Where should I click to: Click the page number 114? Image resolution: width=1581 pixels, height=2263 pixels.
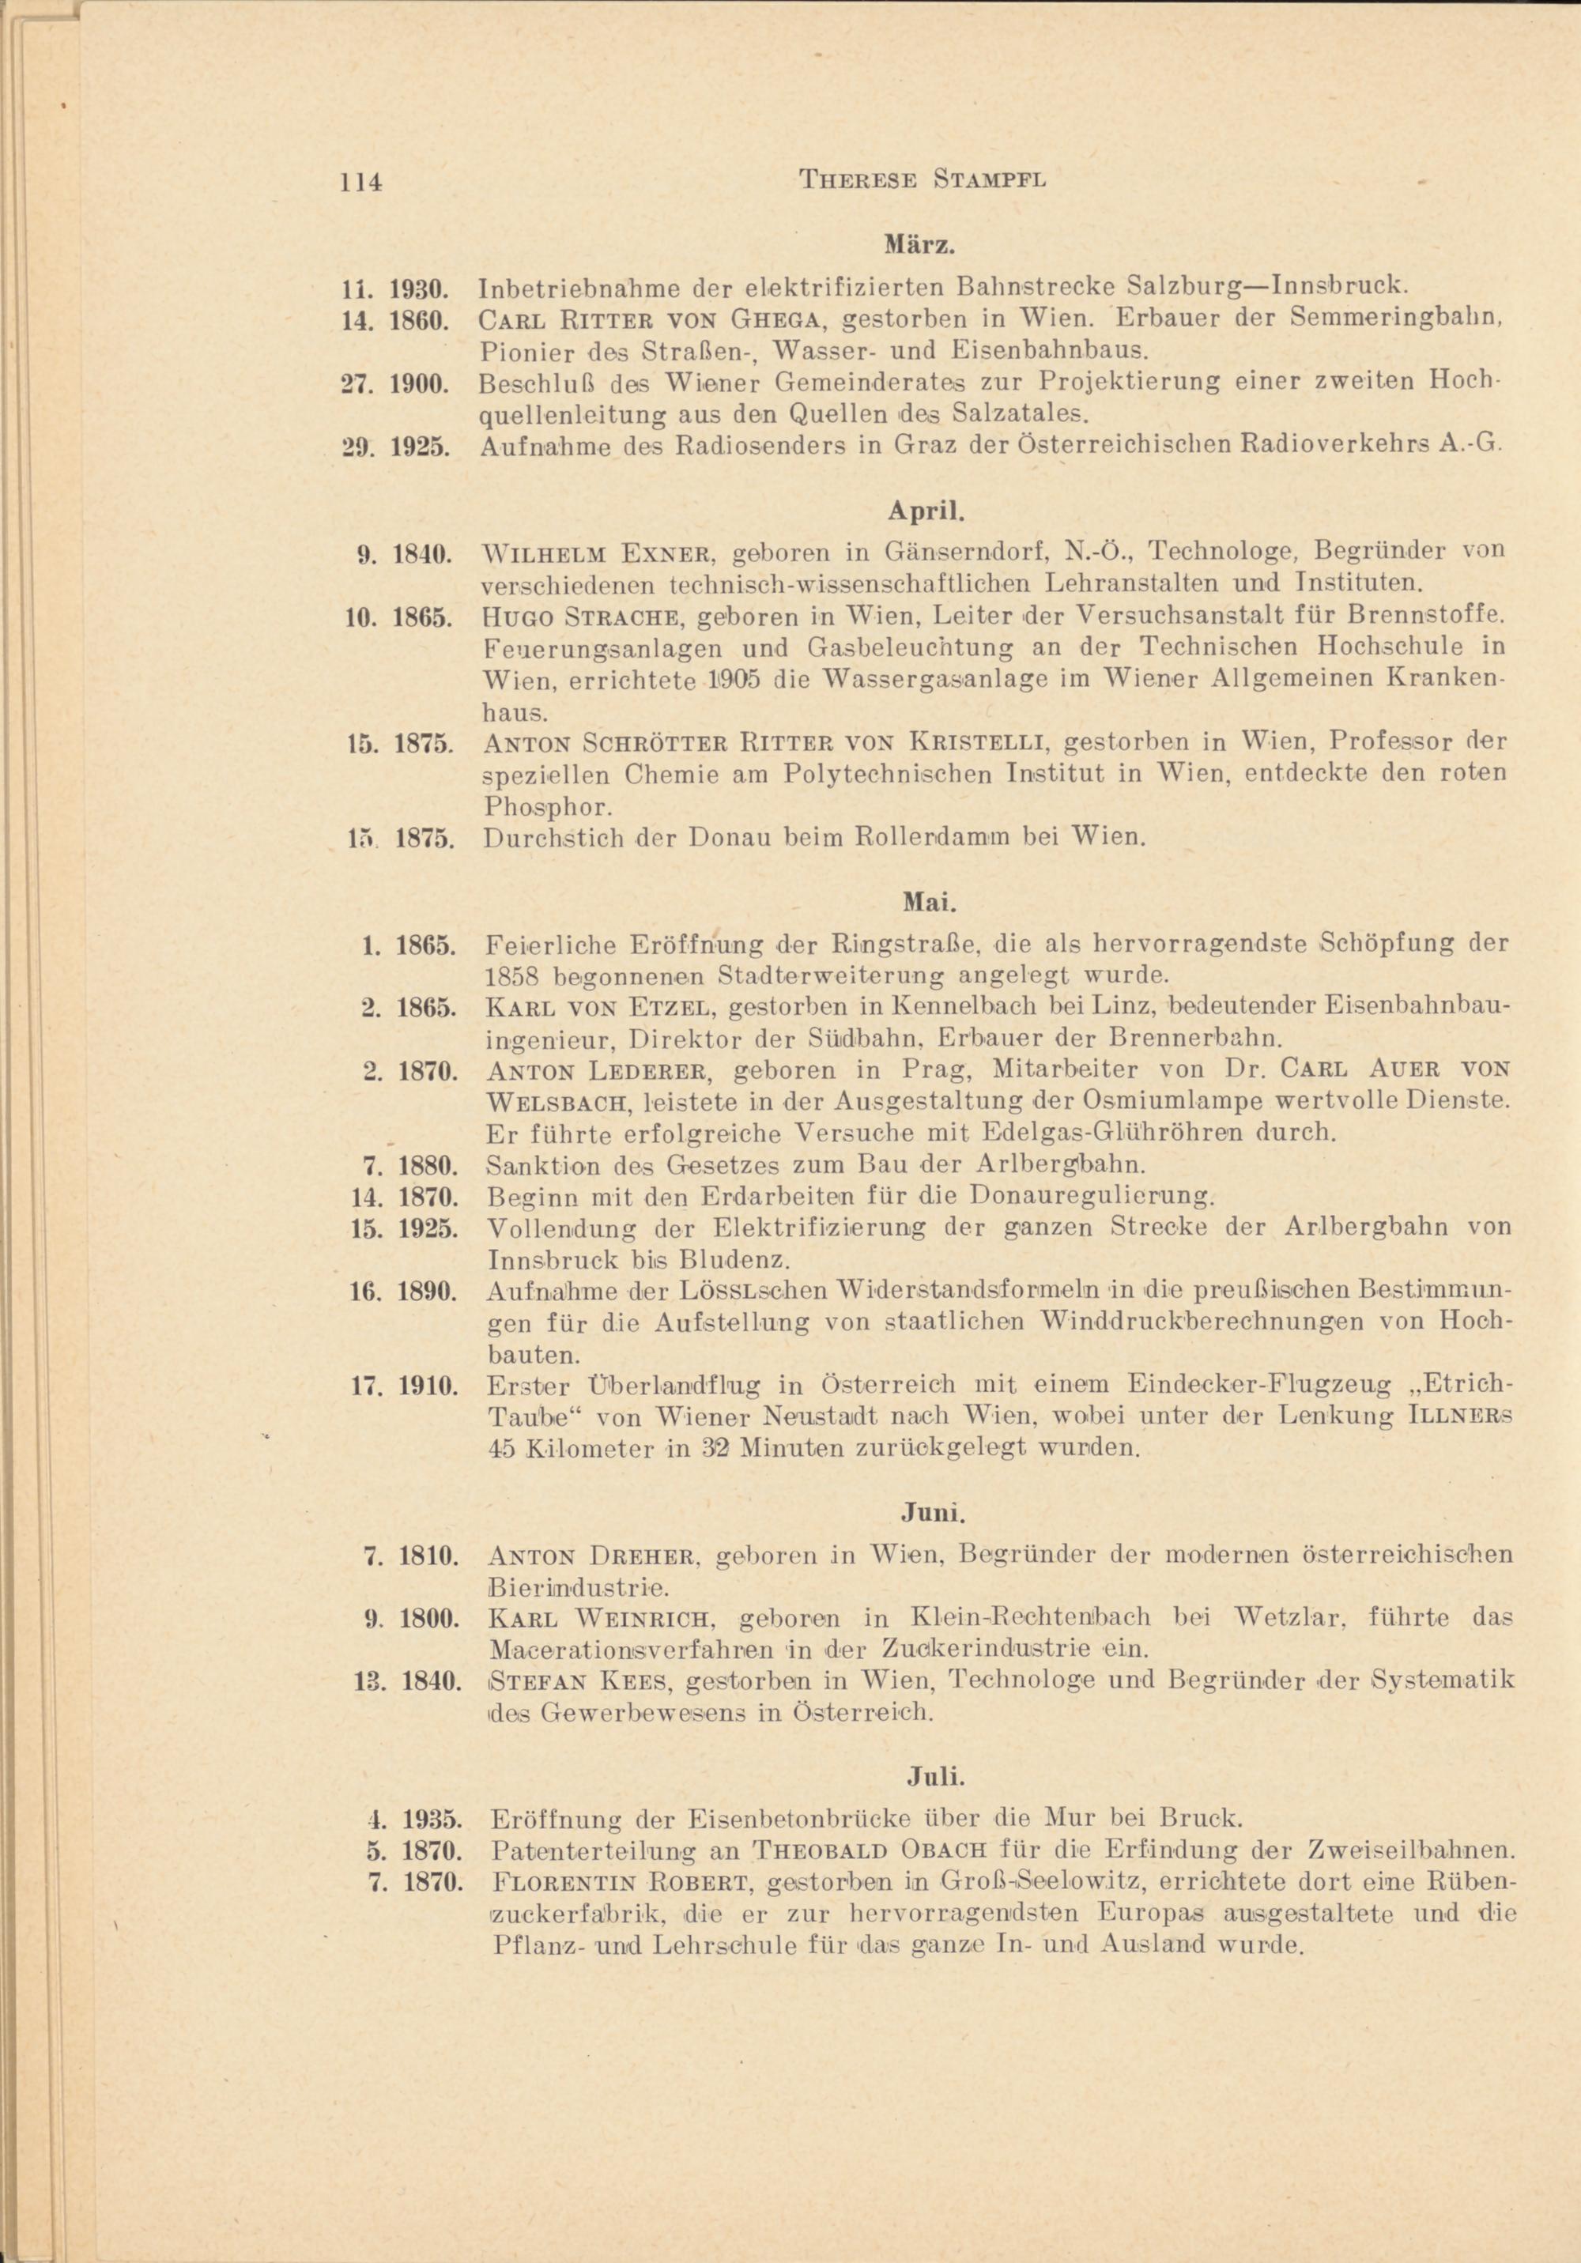360,181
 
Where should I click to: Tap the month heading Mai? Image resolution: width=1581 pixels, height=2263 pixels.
923,902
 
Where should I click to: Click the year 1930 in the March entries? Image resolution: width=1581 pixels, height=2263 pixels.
421,289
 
